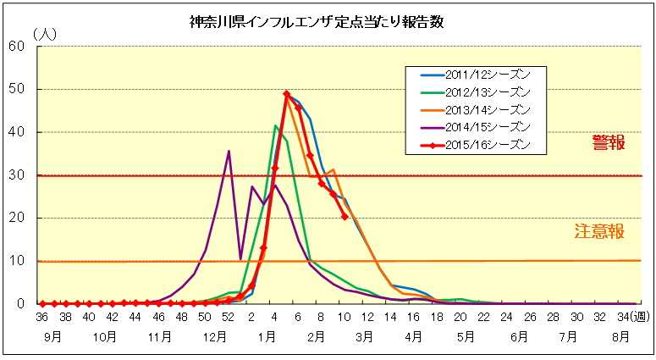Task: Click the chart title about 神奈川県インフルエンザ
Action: [317, 22]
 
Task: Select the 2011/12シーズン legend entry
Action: [475, 75]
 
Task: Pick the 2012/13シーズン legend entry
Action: [475, 92]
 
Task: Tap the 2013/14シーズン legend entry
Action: [475, 110]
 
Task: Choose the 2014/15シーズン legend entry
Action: [475, 127]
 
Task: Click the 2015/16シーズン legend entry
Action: [475, 145]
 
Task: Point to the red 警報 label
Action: [609, 143]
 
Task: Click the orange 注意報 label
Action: [599, 231]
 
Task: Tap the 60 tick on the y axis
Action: [17, 46]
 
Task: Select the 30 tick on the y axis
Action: [17, 175]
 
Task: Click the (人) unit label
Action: [45, 34]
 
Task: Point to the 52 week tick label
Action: [228, 318]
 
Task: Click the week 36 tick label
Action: [41, 318]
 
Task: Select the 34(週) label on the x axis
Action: [633, 318]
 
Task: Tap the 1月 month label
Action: [267, 336]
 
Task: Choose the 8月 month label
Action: [620, 336]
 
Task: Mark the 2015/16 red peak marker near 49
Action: [287, 94]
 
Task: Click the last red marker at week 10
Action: [345, 216]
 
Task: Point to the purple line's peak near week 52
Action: [229, 151]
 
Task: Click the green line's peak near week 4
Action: [275, 125]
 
